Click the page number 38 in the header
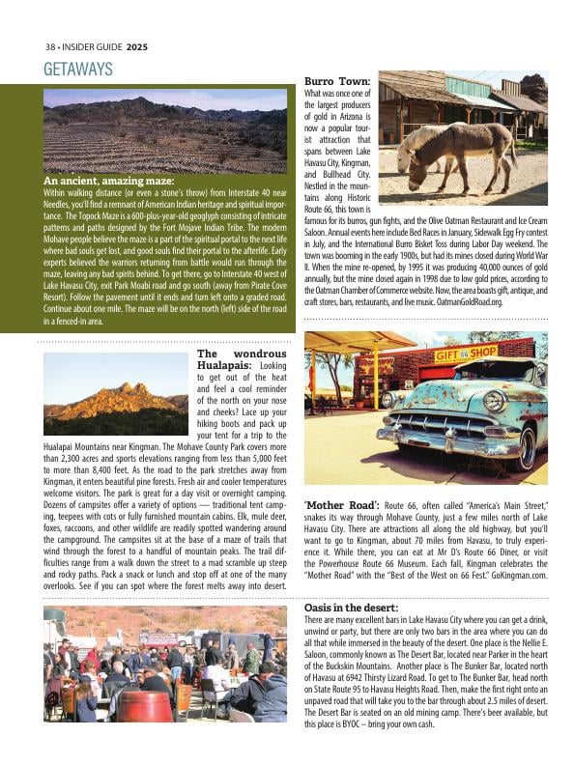pos(50,45)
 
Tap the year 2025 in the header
pos(136,45)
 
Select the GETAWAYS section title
pos(78,70)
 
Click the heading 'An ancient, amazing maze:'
pos(109,181)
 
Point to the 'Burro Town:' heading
pos(337,80)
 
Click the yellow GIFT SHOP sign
pos(466,354)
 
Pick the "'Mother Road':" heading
pos(341,504)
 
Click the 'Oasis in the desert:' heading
pos(350,607)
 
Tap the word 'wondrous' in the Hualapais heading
pos(255,354)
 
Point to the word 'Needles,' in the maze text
pos(61,204)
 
